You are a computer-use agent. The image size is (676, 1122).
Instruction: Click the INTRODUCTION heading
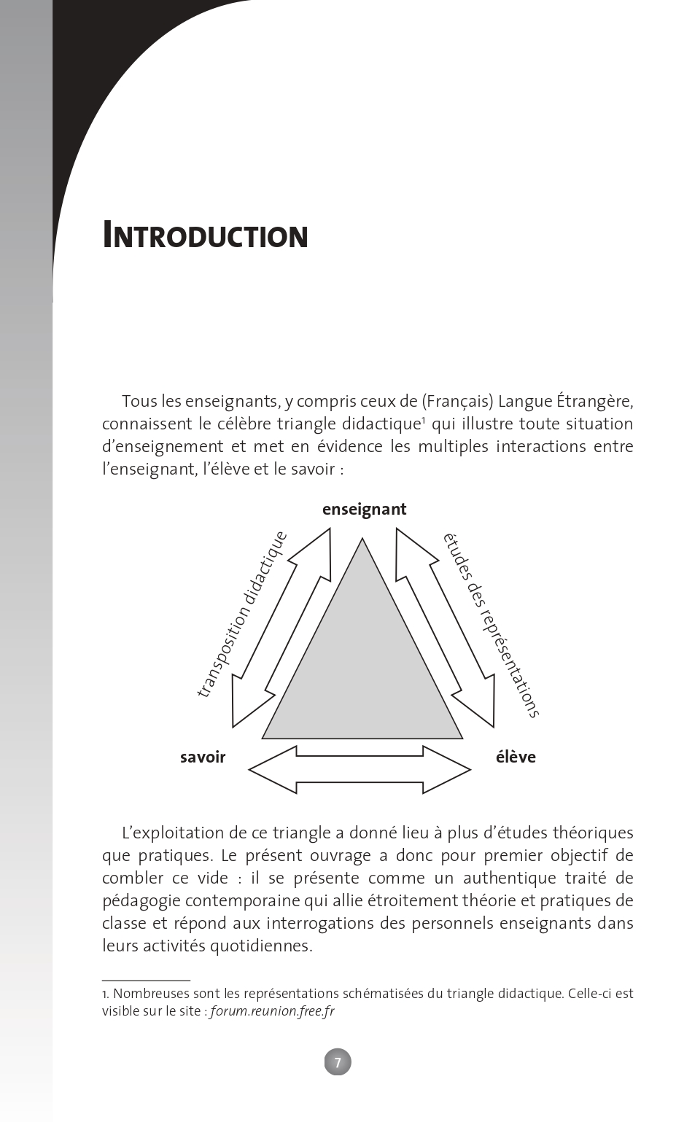point(205,235)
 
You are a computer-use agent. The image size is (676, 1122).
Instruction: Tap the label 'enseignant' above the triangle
point(364,510)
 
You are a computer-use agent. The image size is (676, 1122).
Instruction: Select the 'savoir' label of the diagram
point(203,757)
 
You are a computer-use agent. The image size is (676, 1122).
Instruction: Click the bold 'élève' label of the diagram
point(516,757)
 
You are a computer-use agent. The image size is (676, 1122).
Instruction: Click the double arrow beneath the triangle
point(360,770)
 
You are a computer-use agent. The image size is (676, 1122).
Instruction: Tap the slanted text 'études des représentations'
point(491,625)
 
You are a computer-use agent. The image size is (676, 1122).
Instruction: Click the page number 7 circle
point(338,1062)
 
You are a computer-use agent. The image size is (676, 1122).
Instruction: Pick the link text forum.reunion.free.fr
point(272,1011)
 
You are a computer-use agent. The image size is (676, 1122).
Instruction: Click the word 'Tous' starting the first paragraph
point(139,401)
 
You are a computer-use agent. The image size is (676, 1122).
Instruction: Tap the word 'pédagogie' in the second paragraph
point(139,900)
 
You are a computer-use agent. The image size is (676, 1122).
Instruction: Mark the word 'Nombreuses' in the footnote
point(150,993)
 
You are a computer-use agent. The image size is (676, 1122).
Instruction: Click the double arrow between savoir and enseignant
point(281,628)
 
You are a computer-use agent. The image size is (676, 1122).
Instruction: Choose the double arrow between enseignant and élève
point(446,628)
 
